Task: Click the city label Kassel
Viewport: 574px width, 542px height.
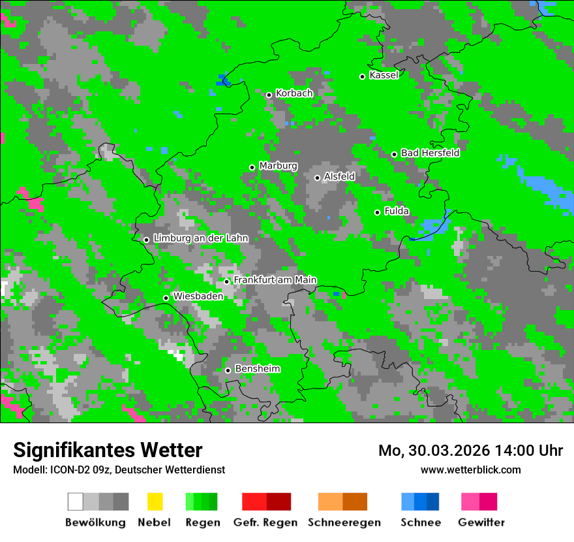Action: coord(384,75)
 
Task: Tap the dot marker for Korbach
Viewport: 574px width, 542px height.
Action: coord(269,95)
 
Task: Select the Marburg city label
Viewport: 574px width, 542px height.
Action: coord(278,166)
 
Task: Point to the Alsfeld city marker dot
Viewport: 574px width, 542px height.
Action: coord(317,178)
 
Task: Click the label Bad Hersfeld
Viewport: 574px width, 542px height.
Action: coord(430,153)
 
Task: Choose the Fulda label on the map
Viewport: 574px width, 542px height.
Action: coord(397,211)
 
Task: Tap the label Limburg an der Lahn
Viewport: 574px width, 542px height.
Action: coord(200,238)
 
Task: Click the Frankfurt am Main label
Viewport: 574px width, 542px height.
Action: coord(275,280)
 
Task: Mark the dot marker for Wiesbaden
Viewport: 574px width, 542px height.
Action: coord(166,298)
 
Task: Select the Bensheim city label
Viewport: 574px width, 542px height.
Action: coord(257,369)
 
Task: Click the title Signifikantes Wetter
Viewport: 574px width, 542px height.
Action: coord(108,450)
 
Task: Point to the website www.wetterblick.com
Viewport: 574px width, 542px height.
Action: coord(470,470)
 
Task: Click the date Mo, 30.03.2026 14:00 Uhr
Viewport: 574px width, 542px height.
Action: coord(470,451)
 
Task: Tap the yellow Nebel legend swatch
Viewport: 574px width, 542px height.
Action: coord(155,502)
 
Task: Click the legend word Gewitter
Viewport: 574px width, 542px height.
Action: coord(481,522)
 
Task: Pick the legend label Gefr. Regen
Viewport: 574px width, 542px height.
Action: coord(265,522)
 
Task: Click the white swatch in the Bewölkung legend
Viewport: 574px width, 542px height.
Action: coord(76,502)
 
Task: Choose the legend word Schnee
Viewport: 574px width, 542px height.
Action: coord(420,522)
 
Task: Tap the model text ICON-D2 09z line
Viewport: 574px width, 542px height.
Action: coord(119,470)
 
